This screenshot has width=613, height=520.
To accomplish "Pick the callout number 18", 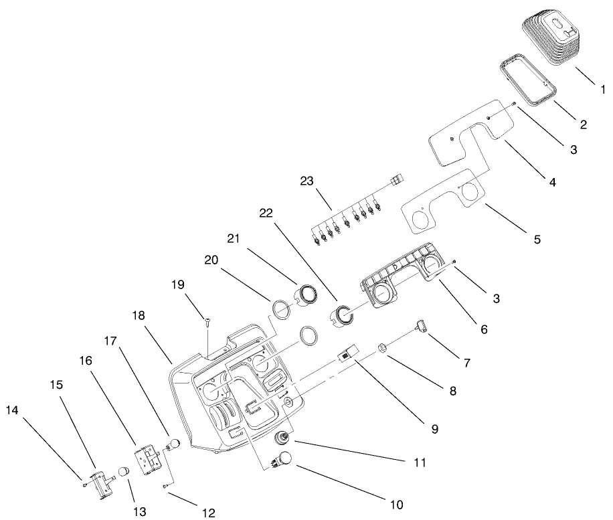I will point(139,315).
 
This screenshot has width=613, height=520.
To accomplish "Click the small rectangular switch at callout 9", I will point(347,353).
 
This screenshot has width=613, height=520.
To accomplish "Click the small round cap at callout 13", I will point(123,472).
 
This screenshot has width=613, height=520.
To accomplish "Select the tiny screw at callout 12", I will point(165,487).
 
